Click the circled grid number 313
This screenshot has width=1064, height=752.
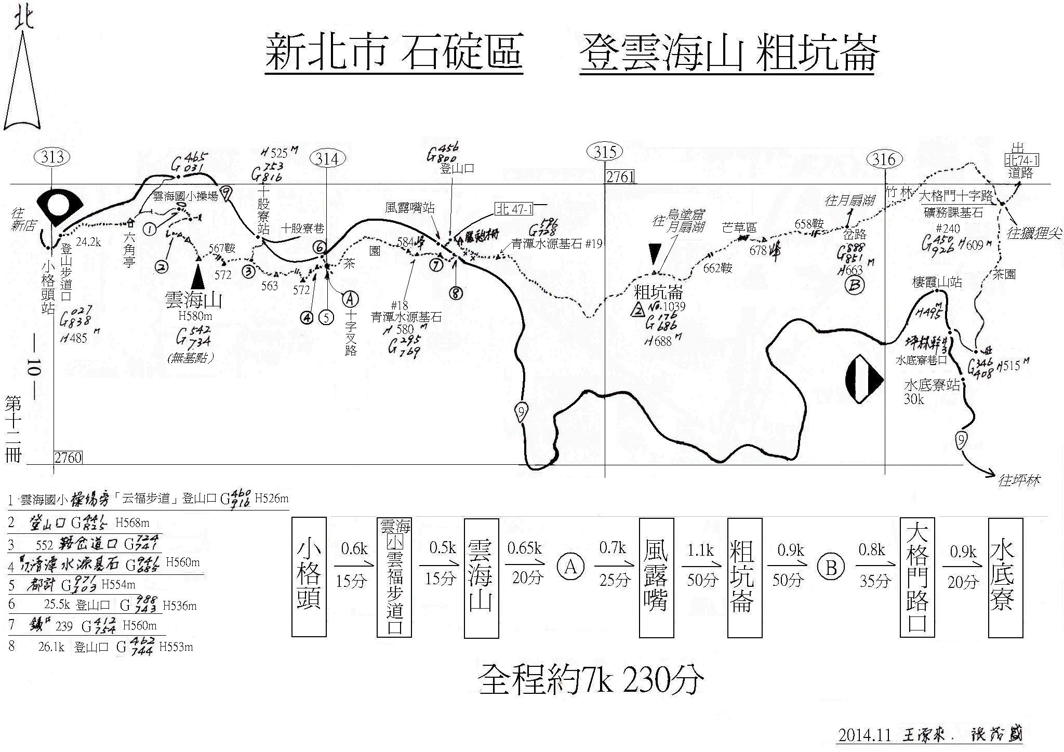[x=53, y=157]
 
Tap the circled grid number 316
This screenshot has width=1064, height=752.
[x=884, y=159]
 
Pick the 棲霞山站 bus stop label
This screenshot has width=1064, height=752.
[x=937, y=282]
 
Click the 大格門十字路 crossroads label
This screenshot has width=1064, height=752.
[x=955, y=196]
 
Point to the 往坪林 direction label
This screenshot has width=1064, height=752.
[x=1019, y=480]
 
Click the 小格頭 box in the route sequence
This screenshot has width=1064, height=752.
[x=309, y=576]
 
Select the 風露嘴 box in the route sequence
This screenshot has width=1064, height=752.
[x=656, y=576]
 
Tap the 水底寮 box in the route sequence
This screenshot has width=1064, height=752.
[x=1006, y=576]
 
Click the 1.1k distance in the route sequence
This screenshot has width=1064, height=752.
[x=700, y=550]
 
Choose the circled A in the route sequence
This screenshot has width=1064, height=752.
[x=570, y=567]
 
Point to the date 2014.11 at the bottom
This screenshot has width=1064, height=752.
[x=864, y=735]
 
